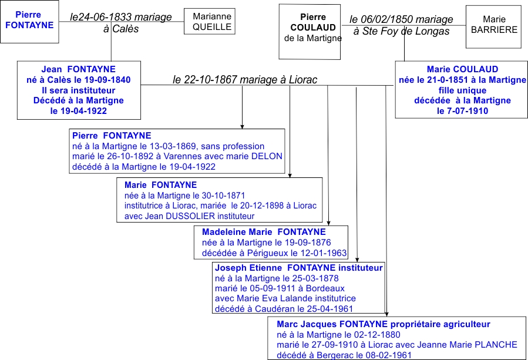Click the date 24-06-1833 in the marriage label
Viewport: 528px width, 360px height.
pos(106,17)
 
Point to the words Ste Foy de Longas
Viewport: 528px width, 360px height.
pos(406,31)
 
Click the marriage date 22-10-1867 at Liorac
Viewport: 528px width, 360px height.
pos(211,80)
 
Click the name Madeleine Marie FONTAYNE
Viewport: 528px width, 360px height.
pos(264,232)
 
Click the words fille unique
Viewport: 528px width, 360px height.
pos(462,90)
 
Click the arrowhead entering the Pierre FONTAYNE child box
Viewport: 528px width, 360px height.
pos(242,127)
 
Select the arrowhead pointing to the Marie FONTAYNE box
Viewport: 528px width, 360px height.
pos(290,176)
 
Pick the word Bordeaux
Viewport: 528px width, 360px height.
pos(325,288)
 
